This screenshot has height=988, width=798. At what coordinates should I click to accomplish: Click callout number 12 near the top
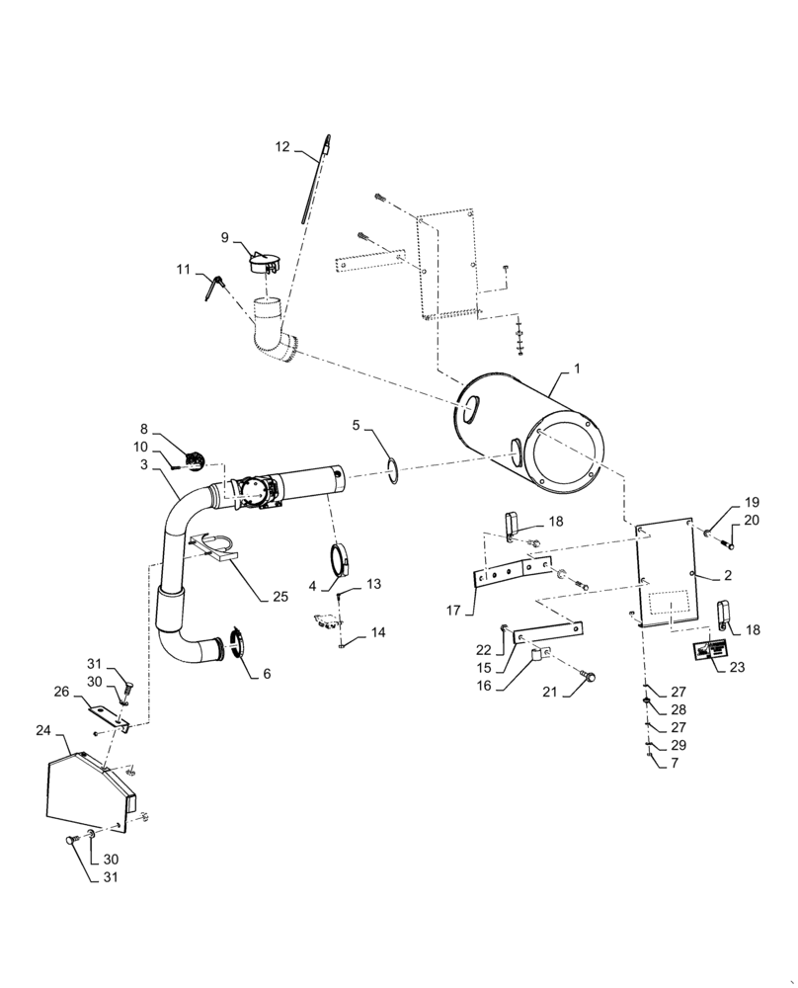coord(282,146)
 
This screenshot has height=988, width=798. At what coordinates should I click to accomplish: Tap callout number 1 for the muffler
coord(577,368)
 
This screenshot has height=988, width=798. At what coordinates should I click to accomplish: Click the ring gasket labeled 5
coord(395,470)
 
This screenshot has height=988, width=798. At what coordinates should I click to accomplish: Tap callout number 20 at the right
coord(752,520)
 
